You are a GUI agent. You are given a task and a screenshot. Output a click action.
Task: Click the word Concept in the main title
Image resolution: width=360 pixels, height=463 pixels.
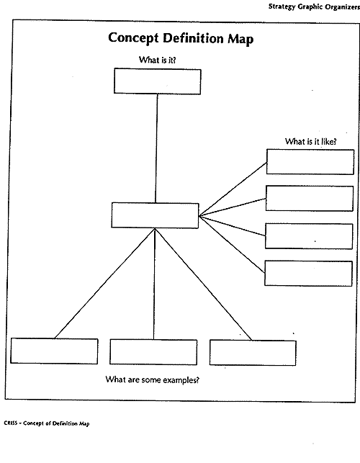(x=133, y=39)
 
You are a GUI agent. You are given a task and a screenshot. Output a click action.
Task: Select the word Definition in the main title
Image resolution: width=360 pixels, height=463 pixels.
(x=193, y=38)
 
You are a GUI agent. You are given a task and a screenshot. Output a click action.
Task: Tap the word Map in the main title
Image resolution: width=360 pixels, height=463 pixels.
(x=240, y=40)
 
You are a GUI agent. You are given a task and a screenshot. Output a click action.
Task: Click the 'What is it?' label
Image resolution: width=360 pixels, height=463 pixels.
(x=158, y=60)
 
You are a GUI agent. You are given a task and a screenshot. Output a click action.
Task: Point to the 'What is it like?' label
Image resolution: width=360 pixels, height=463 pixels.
(x=311, y=141)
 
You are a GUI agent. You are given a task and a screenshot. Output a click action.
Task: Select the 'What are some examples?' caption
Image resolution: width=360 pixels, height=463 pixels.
(x=153, y=379)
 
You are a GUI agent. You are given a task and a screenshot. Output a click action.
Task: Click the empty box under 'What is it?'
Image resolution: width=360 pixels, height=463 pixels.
(x=158, y=81)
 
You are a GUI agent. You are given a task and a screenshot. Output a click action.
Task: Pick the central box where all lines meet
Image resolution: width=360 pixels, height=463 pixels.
(x=155, y=215)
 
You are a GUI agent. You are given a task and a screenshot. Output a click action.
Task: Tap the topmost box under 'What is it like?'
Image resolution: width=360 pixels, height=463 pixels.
(x=310, y=162)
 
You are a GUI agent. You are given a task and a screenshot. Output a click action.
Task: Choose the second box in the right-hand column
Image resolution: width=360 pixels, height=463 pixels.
(x=310, y=199)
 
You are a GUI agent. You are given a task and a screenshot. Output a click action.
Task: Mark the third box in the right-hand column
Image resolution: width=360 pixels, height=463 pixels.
(x=309, y=236)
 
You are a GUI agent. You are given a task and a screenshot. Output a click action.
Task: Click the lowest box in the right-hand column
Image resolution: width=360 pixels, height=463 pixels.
(x=308, y=274)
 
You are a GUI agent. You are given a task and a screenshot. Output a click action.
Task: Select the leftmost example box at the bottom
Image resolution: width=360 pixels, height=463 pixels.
(x=54, y=351)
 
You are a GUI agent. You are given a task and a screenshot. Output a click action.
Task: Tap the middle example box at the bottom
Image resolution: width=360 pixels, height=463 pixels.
(x=153, y=352)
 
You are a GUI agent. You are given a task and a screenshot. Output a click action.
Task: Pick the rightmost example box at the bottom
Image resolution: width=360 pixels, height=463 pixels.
(x=253, y=353)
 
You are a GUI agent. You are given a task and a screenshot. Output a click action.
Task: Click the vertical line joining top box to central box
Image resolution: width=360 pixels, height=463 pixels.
(x=156, y=148)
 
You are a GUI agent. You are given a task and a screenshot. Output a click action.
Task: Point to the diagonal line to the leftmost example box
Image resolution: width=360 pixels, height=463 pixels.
(x=105, y=284)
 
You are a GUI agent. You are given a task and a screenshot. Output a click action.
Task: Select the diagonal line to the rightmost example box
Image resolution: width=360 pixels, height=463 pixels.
(x=204, y=284)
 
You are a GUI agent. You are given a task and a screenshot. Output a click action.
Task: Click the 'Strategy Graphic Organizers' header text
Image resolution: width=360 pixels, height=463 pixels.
(x=314, y=6)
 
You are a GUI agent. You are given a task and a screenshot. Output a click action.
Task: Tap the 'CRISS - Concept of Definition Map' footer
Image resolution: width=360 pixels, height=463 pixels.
(x=47, y=423)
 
